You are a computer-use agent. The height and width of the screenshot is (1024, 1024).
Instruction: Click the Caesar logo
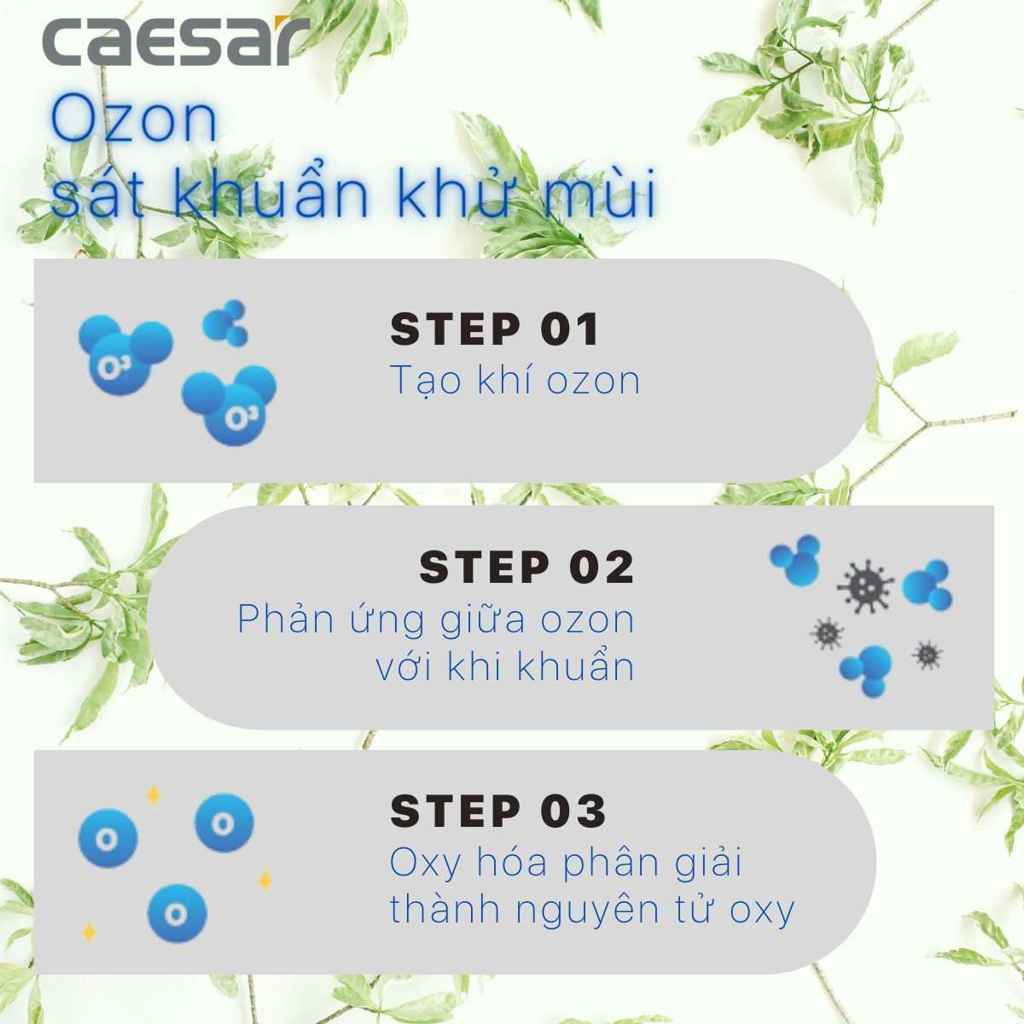click(175, 42)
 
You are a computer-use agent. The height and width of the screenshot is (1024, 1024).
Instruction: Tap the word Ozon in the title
click(133, 120)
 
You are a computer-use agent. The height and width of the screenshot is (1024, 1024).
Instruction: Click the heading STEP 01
click(494, 329)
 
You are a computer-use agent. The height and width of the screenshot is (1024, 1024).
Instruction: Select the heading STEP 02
click(527, 567)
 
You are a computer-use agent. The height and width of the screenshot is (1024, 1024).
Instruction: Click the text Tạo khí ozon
click(515, 380)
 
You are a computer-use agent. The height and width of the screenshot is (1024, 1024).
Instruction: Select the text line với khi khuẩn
click(505, 666)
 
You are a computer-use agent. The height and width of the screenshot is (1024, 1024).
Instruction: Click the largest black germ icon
click(864, 585)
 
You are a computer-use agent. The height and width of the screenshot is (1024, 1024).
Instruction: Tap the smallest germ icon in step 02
click(926, 655)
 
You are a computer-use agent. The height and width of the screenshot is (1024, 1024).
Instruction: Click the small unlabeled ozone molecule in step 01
click(225, 323)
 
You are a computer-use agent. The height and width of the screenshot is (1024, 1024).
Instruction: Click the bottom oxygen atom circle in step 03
click(177, 914)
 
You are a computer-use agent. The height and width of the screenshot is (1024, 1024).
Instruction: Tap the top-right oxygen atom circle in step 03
click(224, 823)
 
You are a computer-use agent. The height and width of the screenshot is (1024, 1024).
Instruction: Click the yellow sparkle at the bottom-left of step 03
click(89, 932)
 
